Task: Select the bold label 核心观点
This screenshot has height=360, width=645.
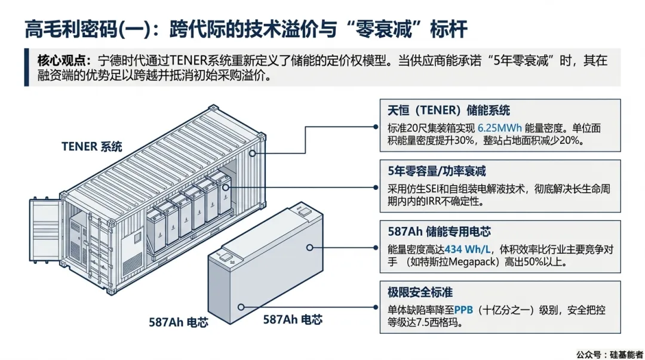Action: click(61, 60)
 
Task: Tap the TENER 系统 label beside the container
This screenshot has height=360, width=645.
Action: click(91, 146)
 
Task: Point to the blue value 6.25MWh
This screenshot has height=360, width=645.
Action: click(501, 128)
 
